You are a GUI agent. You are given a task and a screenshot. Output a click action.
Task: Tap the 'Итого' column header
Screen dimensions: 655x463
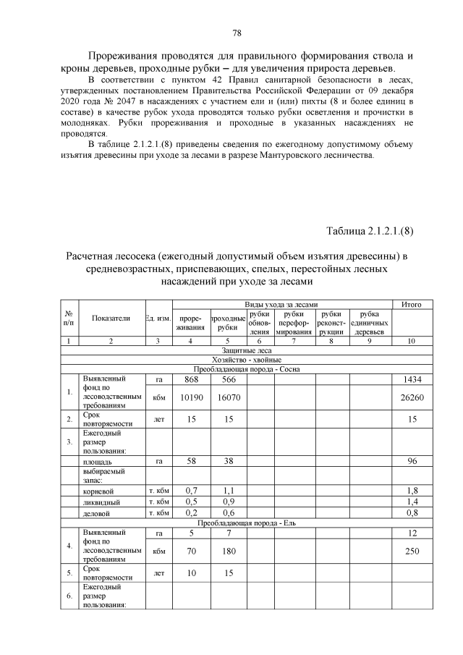421,303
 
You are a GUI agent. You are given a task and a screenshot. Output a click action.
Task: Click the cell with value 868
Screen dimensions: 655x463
191,379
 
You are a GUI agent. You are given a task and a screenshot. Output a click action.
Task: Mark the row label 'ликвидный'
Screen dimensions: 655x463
101,502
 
